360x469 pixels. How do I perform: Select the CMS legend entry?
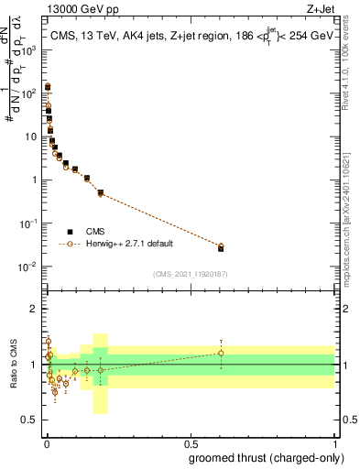(x=95, y=231)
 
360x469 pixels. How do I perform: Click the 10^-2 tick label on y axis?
(x=27, y=267)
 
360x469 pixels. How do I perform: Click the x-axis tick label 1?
(x=334, y=442)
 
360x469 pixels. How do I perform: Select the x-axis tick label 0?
(x=45, y=442)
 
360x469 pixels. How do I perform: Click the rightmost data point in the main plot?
(x=221, y=247)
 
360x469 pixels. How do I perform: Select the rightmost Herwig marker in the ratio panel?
(x=221, y=353)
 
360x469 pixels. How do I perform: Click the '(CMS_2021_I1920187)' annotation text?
(x=190, y=274)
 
